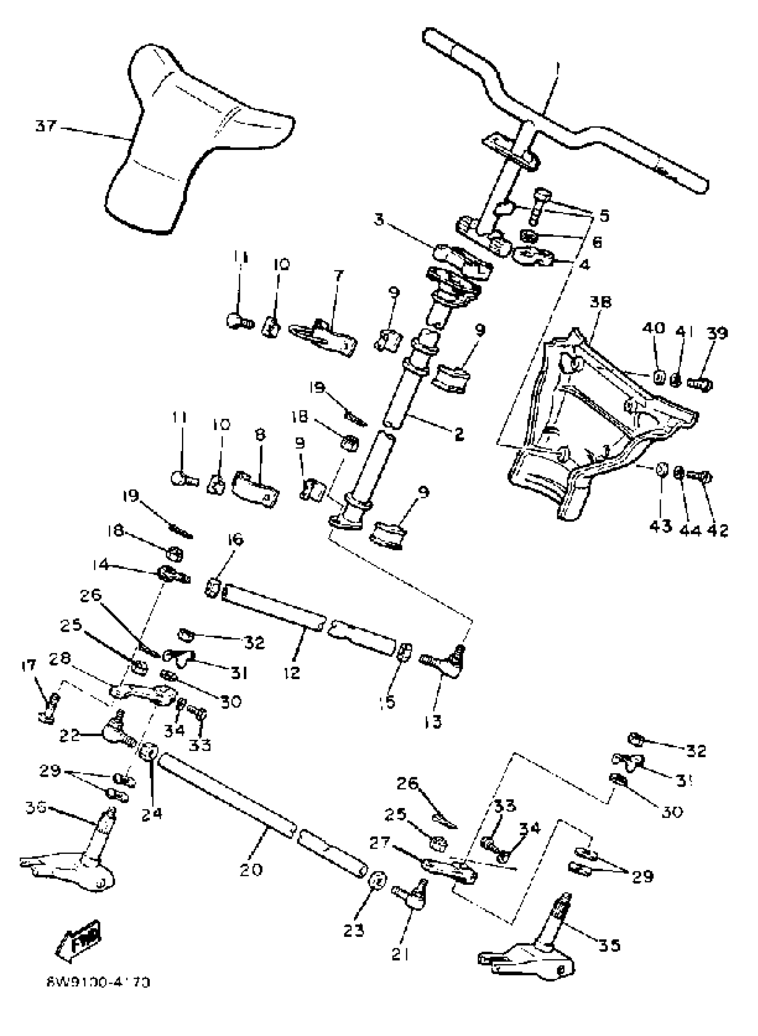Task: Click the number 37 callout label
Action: pos(45,126)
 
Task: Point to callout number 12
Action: pos(292,673)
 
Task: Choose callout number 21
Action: pos(400,954)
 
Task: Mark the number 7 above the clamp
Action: pos(338,276)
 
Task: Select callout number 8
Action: pos(260,434)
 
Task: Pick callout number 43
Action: pos(660,526)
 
